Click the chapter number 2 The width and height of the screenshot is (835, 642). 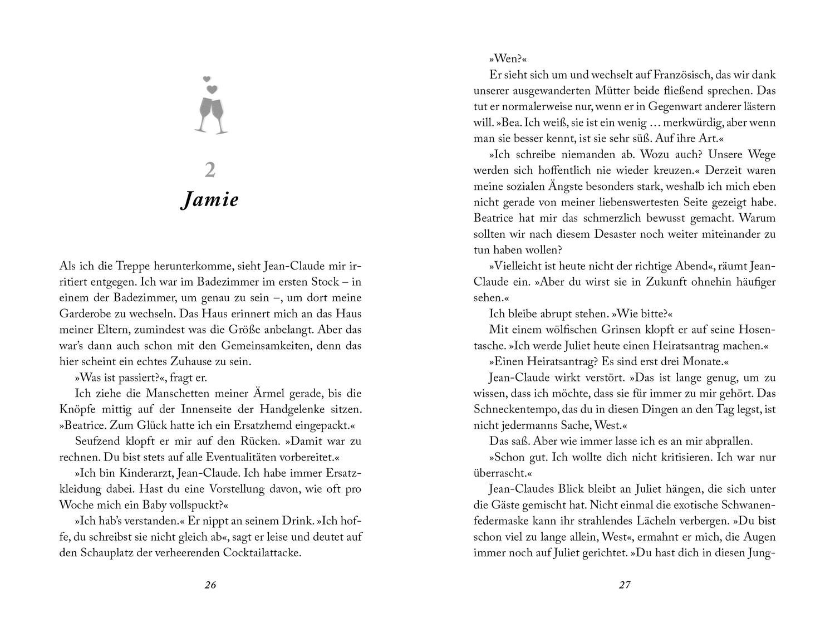click(210, 170)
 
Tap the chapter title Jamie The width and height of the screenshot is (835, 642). click(210, 199)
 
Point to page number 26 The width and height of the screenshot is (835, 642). click(210, 585)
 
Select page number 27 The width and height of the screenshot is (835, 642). click(625, 585)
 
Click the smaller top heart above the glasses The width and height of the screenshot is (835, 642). click(207, 79)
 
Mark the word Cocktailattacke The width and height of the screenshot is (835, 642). click(262, 553)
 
